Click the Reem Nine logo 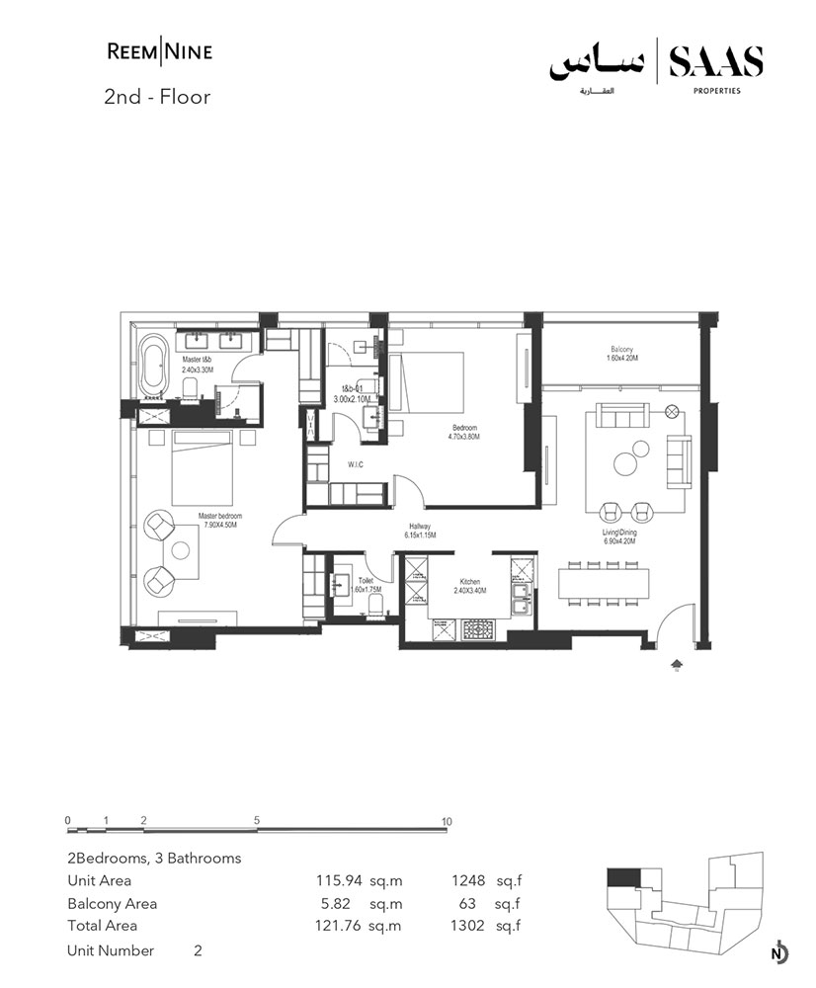158,51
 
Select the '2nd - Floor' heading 158,97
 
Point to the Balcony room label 621,354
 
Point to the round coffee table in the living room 626,461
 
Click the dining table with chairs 605,581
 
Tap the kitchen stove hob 478,627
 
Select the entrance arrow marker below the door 676,665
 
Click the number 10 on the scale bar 447,821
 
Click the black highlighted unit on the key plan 622,877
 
